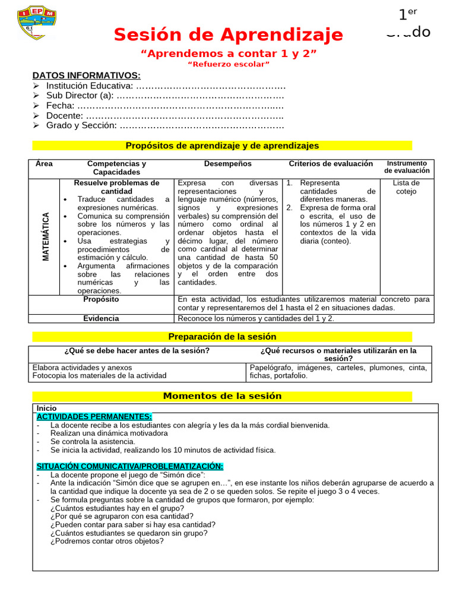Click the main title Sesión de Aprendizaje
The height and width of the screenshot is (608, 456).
coord(228,34)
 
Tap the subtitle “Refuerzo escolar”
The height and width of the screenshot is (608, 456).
coord(229,64)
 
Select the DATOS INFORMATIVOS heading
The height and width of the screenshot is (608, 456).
coord(86,75)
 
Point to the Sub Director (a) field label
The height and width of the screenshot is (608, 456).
coord(80,96)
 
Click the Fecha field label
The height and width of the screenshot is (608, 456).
coord(60,106)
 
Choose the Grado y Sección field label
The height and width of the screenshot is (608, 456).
coord(81,125)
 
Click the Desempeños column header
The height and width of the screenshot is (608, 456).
coord(227,164)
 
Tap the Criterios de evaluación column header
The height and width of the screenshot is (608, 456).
coord(331,164)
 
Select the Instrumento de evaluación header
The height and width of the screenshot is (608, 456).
coord(407,167)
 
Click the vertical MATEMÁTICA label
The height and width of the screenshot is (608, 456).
coord(45,236)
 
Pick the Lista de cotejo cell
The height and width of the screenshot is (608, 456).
coord(406,187)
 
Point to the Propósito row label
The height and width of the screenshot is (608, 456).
coord(101,299)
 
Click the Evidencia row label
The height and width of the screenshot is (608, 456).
coord(101,318)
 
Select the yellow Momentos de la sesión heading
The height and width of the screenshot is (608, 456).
coord(222,396)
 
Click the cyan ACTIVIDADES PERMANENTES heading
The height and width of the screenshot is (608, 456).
coord(94,417)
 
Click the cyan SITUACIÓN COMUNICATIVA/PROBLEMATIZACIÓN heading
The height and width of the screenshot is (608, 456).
coord(129,467)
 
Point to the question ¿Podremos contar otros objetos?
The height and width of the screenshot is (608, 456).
coord(107,541)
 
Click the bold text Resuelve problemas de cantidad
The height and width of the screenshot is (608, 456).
coord(116,187)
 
